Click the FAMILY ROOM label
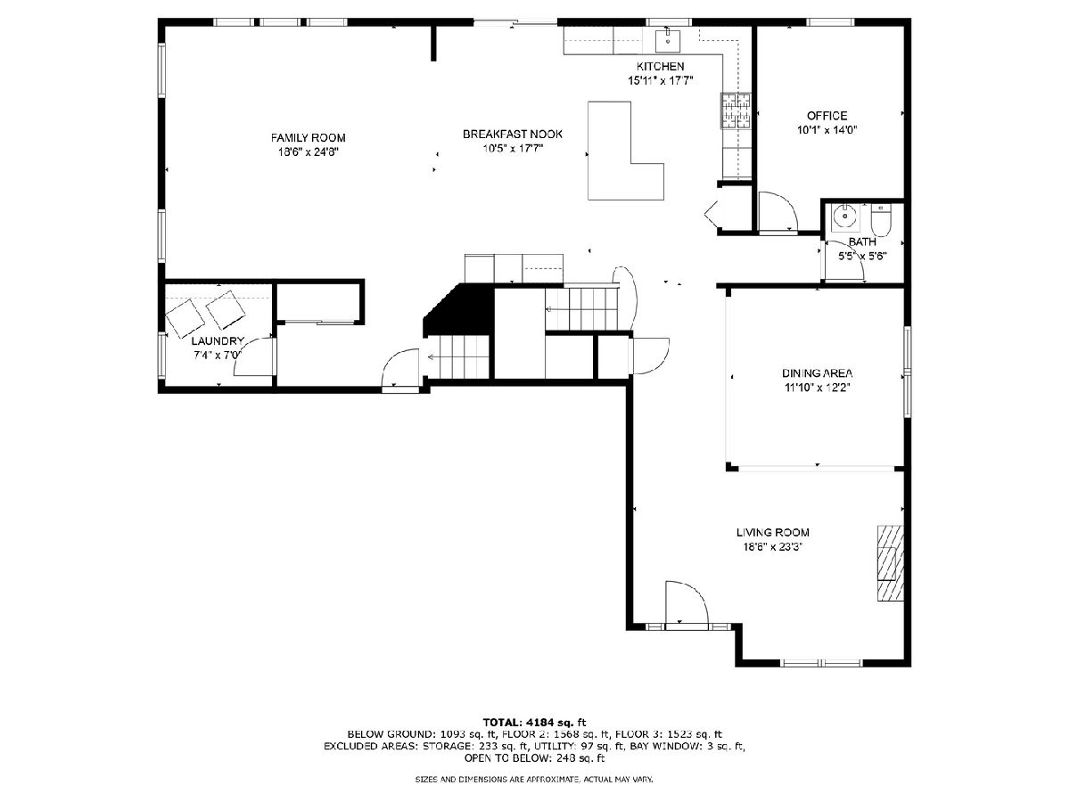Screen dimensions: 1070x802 tap(309, 138)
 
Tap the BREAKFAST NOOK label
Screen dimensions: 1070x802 tap(513, 134)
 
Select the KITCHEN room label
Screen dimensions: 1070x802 tap(660, 66)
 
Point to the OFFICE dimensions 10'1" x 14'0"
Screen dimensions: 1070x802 tap(827, 130)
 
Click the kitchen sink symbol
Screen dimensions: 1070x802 tap(667, 40)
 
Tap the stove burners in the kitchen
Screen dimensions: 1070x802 tap(736, 111)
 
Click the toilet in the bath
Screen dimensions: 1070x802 tap(880, 221)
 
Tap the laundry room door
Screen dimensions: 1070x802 tap(253, 357)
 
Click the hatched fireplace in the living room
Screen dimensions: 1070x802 tap(891, 563)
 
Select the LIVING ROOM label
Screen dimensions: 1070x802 tap(773, 533)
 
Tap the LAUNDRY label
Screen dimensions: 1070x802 tap(218, 341)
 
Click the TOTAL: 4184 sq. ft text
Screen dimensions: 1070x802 tap(534, 722)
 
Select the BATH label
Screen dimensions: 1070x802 tap(862, 241)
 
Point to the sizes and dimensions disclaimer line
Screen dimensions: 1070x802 tap(534, 779)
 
